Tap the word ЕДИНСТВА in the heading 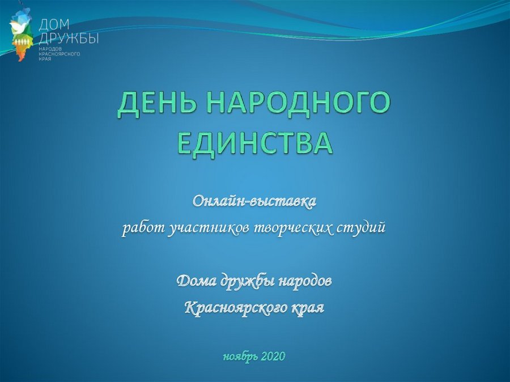[x=256, y=143]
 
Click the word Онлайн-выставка [x=254, y=201]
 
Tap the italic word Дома [x=196, y=280]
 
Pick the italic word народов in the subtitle [x=305, y=281]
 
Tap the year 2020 [x=273, y=356]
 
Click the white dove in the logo [x=16, y=27]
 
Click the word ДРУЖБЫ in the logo [x=69, y=39]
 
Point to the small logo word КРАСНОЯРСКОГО [x=59, y=54]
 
